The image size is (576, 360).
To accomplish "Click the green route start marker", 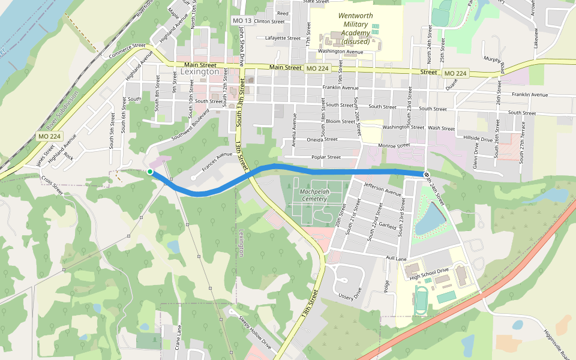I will (150, 172).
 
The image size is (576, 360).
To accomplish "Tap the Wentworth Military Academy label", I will (355, 28).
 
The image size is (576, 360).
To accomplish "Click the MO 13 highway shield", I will (238, 21).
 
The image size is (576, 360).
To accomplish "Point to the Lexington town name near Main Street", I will (200, 72).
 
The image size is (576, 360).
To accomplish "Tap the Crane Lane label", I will (178, 338).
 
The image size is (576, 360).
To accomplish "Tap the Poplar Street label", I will (326, 157).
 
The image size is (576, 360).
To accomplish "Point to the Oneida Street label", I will (322, 139).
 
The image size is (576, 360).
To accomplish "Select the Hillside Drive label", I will (478, 138).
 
